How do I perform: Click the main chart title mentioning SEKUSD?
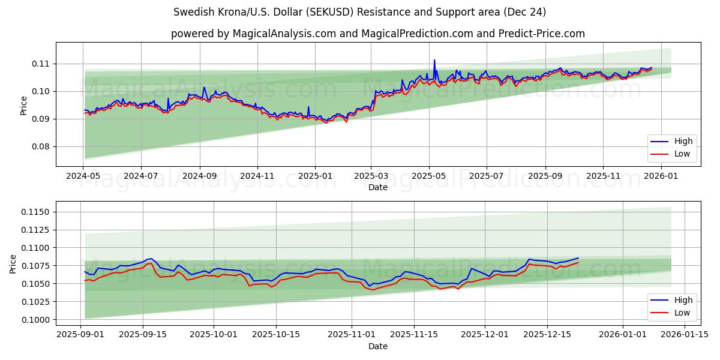pyautogui.click(x=359, y=12)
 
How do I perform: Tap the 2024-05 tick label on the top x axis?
pyautogui.click(x=83, y=176)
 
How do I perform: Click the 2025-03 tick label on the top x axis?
pyautogui.click(x=371, y=176)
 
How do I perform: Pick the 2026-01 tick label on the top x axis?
pyautogui.click(x=661, y=176)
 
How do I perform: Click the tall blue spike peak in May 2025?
pyautogui.click(x=434, y=60)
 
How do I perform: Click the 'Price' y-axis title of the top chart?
pyautogui.click(x=24, y=105)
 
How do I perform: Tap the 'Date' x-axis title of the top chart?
pyautogui.click(x=378, y=187)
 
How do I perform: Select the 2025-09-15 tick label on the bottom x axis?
pyautogui.click(x=143, y=335)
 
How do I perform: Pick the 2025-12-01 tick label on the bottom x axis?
pyautogui.click(x=485, y=335)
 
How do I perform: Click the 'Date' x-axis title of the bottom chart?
pyautogui.click(x=378, y=346)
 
